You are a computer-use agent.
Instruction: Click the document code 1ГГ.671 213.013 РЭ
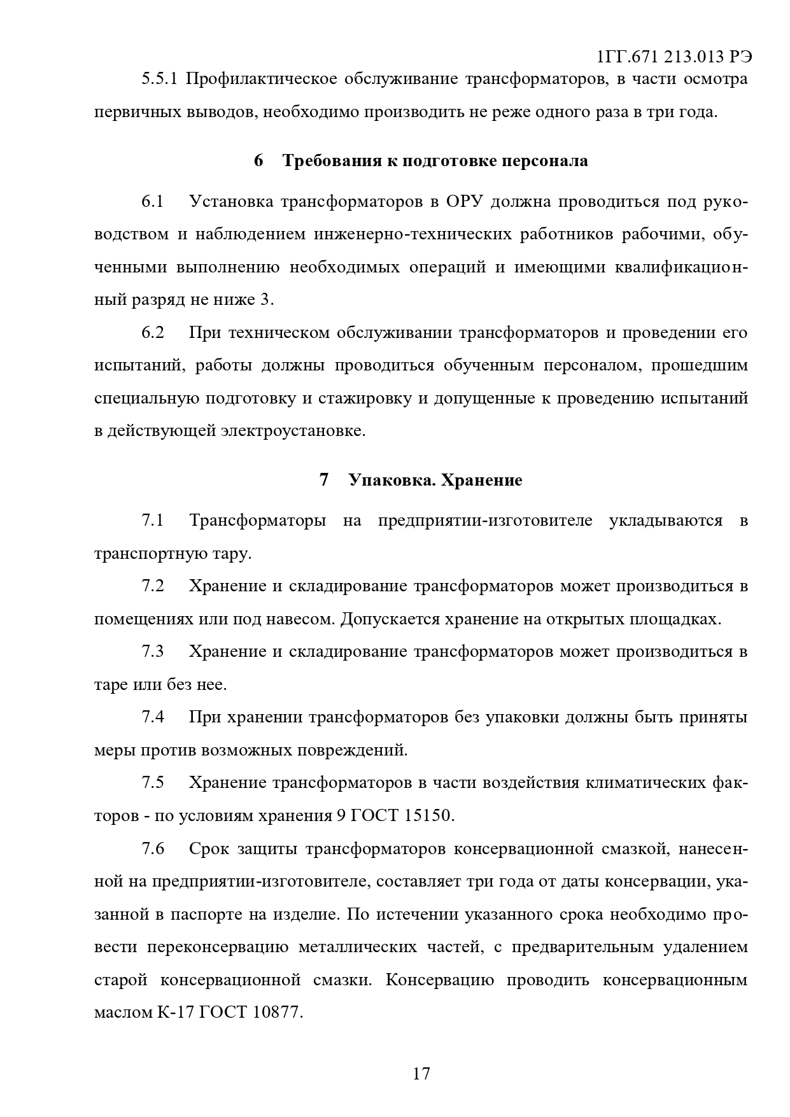click(x=674, y=57)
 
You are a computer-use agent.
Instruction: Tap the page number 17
click(x=421, y=1074)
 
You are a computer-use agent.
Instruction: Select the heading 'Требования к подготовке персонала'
click(x=435, y=160)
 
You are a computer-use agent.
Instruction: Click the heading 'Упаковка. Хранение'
click(x=435, y=480)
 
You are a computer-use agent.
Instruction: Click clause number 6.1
click(x=153, y=202)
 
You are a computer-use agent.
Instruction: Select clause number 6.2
click(x=153, y=333)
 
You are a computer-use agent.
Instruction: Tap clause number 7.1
click(x=153, y=521)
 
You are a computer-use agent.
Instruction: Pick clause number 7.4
click(x=153, y=717)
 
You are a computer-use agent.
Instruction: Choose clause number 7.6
click(x=153, y=849)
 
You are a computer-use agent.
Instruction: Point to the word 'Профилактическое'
click(x=262, y=80)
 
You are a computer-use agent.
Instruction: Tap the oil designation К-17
click(x=175, y=1012)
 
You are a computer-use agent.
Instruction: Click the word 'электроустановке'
click(x=292, y=431)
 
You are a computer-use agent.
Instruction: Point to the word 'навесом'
click(x=304, y=619)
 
